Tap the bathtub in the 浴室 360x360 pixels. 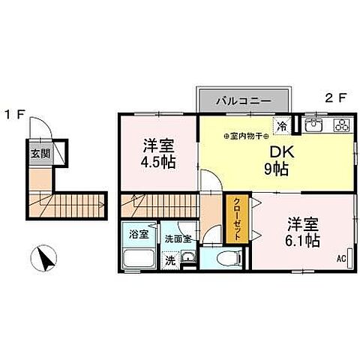coord(138,259)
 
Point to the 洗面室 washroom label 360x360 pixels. coord(178,238)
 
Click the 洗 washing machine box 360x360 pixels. coord(171,261)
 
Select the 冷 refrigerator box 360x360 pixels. coord(282,125)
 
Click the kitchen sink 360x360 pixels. coord(313,124)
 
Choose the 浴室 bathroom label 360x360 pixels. coord(137,234)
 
